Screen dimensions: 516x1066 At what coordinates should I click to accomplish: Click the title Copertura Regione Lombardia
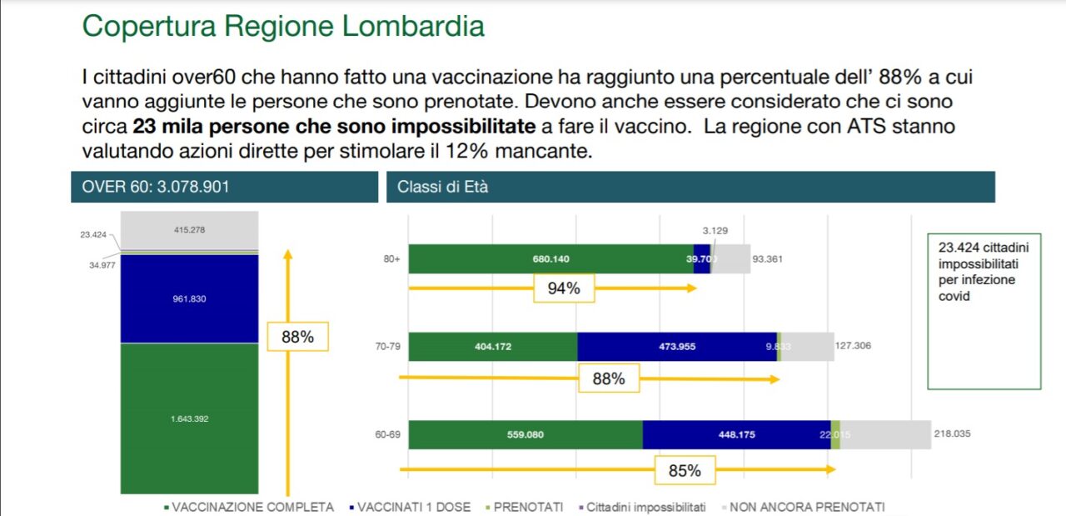coord(283,26)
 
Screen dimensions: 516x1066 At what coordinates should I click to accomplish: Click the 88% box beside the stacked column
coord(297,337)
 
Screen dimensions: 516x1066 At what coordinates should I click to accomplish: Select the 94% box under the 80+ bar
coord(564,289)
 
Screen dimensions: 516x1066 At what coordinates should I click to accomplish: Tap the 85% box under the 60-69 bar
coord(685,470)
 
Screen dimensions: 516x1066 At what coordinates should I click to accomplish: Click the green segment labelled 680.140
coord(550,259)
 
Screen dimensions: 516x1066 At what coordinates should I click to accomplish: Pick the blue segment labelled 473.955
coord(676,347)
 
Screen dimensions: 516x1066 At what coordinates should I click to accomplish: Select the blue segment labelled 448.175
coord(736,434)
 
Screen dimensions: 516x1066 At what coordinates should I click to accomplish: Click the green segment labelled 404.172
coord(493,347)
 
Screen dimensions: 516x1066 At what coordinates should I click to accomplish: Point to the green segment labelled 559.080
coord(526,434)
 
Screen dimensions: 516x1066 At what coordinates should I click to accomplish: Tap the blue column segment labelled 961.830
coord(190,298)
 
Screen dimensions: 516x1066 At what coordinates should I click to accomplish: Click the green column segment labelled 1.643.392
coord(190,418)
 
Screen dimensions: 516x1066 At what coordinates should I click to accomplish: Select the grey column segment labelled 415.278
coord(190,230)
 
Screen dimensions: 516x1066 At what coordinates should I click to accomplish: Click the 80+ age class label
coord(391,259)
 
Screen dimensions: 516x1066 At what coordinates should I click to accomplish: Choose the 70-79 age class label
coord(388,347)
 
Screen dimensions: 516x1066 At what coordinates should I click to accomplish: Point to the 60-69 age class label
coord(388,434)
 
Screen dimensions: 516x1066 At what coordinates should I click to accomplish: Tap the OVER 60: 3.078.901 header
coord(156,187)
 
